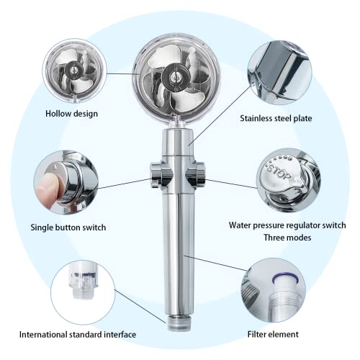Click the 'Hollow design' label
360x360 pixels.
coord(72,113)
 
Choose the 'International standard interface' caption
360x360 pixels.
coord(77,334)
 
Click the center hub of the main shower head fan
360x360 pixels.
coord(175,75)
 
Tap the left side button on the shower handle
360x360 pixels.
coord(156,172)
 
